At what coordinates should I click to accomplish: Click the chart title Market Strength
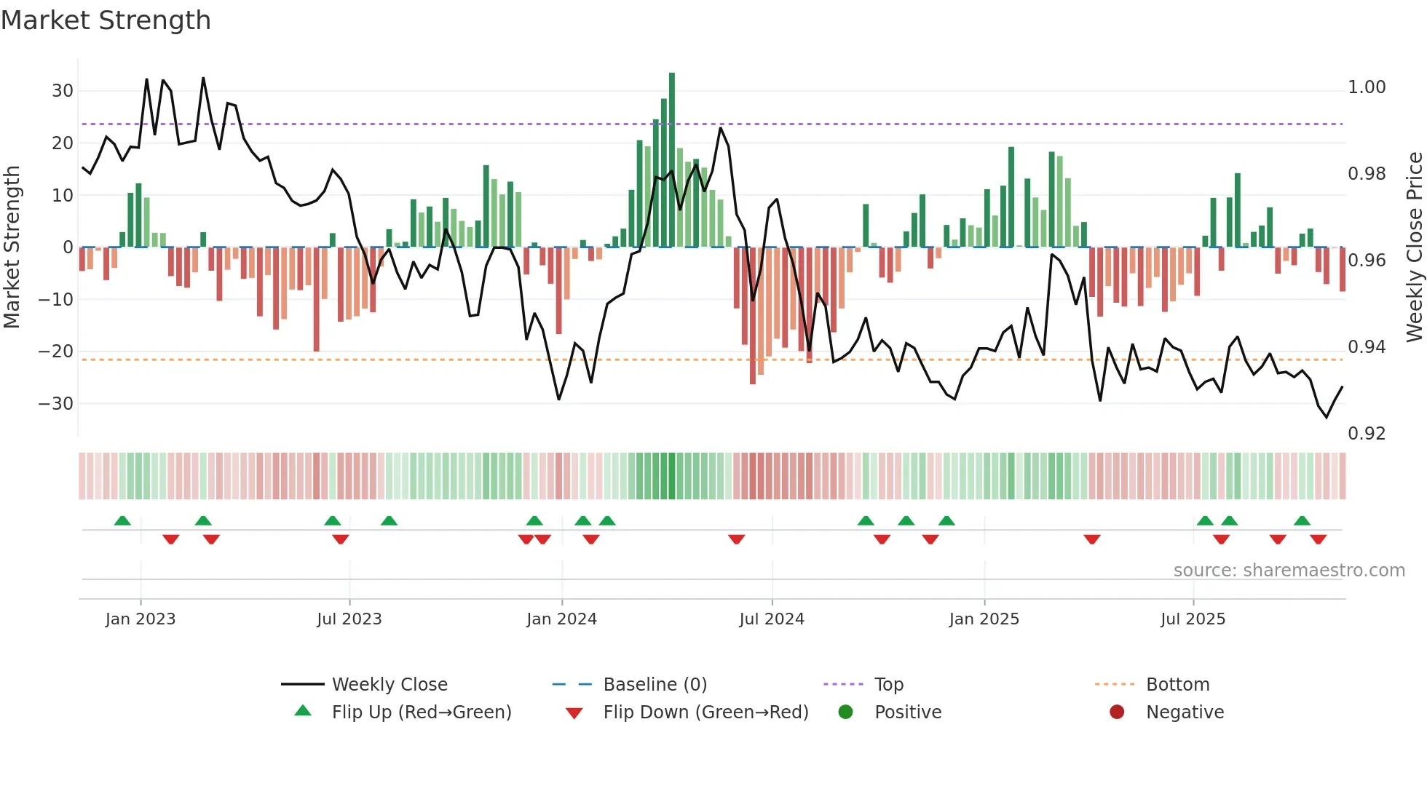(106, 20)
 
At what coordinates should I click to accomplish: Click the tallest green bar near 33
(672, 160)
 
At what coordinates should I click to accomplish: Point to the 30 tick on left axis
(63, 91)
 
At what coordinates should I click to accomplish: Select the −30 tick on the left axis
(56, 403)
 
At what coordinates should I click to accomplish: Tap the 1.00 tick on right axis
(1367, 87)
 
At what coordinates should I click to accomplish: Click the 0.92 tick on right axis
(1367, 434)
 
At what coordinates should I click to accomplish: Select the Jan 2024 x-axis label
(561, 619)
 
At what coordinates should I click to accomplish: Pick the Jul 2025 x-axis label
(1193, 619)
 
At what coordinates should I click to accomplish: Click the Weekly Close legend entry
(390, 685)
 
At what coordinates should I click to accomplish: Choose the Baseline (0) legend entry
(655, 685)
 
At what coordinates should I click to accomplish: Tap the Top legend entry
(888, 685)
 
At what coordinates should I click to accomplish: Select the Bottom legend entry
(1177, 685)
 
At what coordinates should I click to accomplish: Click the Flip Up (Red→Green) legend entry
(421, 712)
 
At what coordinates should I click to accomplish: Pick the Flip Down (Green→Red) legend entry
(705, 712)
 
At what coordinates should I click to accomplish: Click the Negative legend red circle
(1117, 712)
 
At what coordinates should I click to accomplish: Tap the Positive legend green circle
(845, 712)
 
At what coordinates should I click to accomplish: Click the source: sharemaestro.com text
(1289, 571)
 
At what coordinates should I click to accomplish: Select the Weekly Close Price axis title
(1414, 247)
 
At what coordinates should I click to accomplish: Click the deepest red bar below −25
(753, 316)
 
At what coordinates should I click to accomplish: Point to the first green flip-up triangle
(122, 521)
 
